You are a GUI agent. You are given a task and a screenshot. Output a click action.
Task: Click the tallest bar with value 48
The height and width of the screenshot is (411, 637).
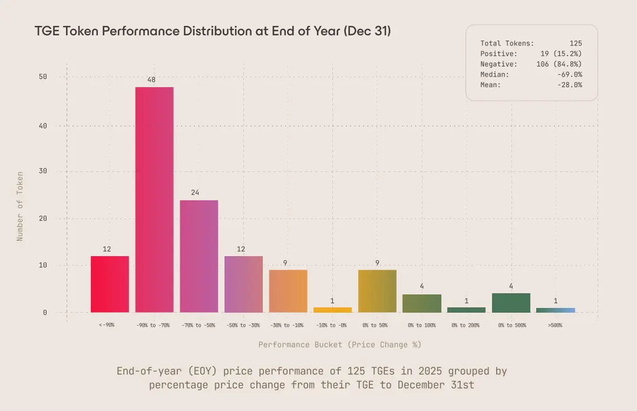[x=154, y=200]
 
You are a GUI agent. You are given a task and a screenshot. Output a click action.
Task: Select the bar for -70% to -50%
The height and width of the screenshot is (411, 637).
[x=199, y=256]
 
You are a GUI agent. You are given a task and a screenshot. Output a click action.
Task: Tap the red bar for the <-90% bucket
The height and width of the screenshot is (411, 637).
[x=110, y=284]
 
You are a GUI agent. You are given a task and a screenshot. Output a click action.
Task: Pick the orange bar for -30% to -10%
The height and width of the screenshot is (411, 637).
[x=288, y=291]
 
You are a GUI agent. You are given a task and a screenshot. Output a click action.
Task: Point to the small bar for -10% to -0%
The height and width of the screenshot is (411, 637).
[x=332, y=310]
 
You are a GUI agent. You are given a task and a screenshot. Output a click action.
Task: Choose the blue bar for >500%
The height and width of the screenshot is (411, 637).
[x=555, y=310]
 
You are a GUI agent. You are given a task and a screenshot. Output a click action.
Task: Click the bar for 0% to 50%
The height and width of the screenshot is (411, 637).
[x=377, y=291]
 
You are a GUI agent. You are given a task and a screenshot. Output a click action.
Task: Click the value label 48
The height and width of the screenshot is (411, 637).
[x=151, y=79]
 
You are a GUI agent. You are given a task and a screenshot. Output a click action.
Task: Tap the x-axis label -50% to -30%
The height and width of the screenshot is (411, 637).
[x=243, y=326]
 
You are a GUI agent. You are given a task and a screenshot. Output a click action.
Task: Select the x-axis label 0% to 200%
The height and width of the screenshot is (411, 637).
[x=466, y=326]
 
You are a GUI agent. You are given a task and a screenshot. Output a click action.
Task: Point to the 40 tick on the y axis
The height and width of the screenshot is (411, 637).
[x=43, y=125]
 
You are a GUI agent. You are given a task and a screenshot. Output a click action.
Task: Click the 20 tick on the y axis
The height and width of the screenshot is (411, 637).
[x=43, y=218]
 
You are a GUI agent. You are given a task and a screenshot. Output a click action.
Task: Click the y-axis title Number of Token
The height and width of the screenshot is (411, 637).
[x=20, y=206]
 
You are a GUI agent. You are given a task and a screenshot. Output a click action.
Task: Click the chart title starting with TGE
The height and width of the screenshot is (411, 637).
[x=213, y=31]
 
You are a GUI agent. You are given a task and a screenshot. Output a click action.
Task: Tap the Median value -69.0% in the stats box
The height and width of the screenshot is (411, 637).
[x=570, y=74]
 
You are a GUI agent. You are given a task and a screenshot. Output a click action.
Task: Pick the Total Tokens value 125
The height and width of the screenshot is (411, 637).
[x=575, y=43]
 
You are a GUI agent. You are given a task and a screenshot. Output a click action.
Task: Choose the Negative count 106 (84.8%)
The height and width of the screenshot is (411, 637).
[x=558, y=64]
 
